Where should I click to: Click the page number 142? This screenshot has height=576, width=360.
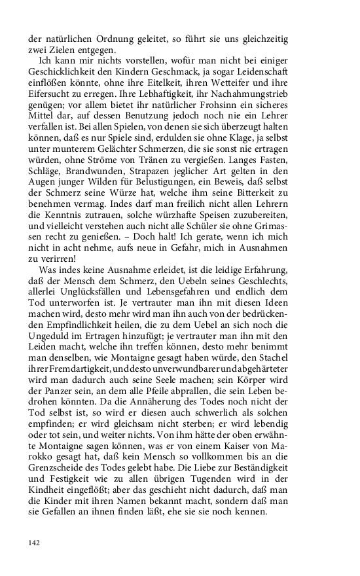click(x=35, y=542)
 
